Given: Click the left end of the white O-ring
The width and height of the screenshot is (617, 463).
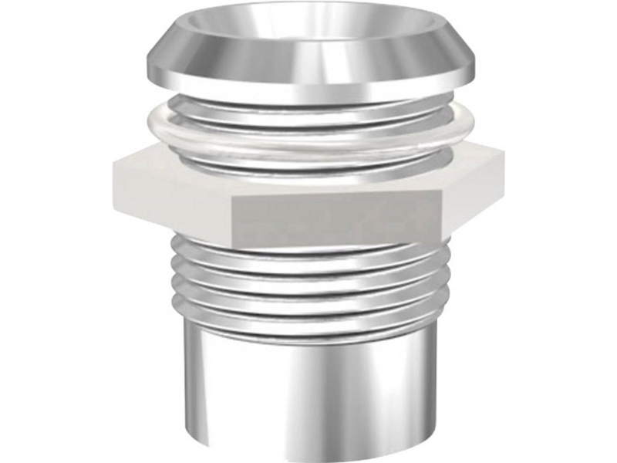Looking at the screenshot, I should coord(150,123).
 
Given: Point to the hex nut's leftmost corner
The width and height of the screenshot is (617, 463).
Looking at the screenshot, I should coord(113,166).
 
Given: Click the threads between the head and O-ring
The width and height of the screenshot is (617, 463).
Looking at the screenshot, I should coord(308,108).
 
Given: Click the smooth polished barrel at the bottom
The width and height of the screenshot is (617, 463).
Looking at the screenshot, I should coord(308,386).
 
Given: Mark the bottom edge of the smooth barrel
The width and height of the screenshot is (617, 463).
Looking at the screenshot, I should coord(308,455).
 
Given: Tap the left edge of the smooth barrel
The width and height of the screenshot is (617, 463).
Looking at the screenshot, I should coord(184,386).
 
